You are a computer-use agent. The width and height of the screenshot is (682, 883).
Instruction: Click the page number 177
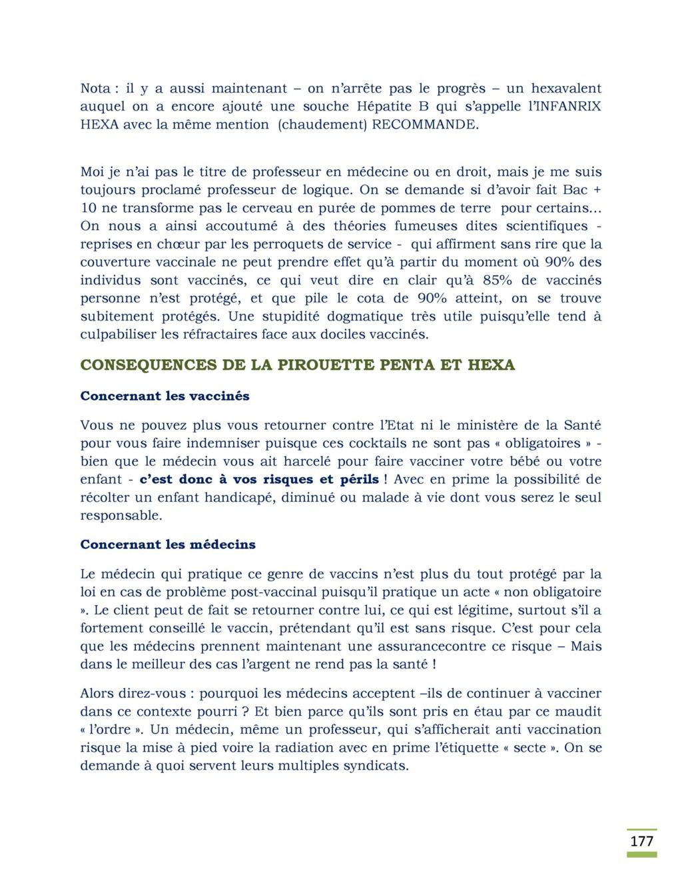click(642, 841)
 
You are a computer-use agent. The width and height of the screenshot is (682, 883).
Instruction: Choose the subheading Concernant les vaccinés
click(165, 396)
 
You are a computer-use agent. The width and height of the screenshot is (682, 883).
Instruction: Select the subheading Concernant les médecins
click(168, 544)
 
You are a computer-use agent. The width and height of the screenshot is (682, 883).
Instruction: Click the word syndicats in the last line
click(375, 765)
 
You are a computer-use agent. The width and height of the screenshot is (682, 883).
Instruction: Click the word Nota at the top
click(96, 88)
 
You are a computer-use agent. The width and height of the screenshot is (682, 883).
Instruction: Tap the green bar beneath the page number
click(642, 854)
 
